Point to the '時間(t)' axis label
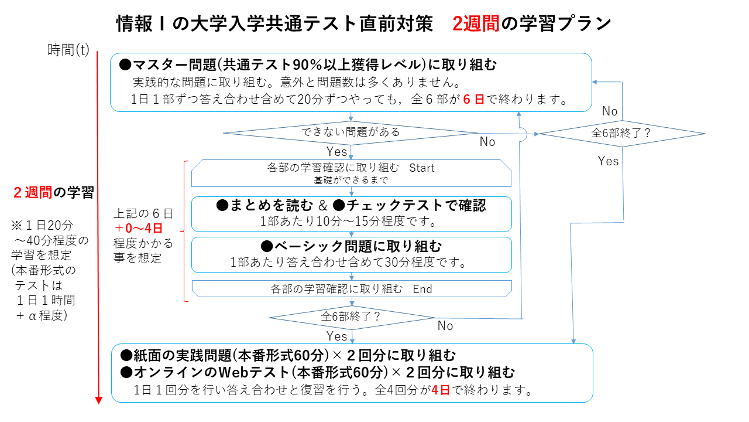68,50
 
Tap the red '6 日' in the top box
473,99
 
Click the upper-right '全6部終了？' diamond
621,133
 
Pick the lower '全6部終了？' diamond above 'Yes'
351,316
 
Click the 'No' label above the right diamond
610,111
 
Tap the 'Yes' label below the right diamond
608,161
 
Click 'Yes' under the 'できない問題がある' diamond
337,152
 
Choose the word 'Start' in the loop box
422,168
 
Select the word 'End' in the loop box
422,288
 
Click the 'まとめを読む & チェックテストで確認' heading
351,205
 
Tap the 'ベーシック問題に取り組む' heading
351,246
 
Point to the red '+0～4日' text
138,227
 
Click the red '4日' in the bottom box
441,390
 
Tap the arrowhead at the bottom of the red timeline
99,400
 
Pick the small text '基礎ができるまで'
351,180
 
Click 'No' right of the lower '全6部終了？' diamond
445,326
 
